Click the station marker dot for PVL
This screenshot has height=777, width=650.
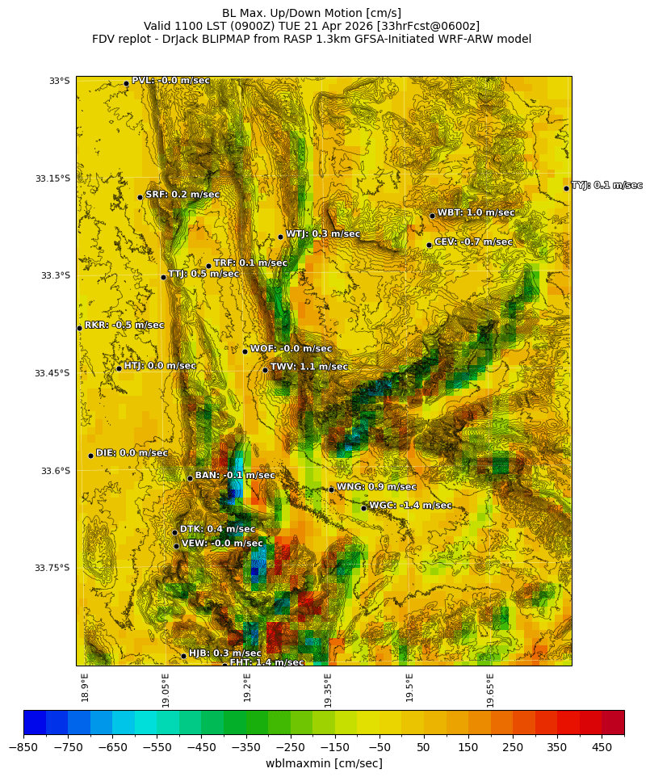[126, 83]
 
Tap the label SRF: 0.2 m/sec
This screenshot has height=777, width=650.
[182, 195]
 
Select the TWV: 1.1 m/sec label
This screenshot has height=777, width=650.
[309, 367]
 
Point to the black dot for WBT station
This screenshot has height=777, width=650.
[432, 216]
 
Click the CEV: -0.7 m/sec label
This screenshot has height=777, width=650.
[473, 241]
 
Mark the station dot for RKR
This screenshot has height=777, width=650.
[79, 328]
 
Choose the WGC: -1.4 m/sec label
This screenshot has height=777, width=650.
[410, 506]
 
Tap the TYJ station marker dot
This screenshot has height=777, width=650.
[566, 188]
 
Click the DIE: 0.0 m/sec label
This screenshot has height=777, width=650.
[132, 453]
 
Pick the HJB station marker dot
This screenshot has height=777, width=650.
[183, 656]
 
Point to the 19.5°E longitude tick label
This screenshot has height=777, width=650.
[409, 688]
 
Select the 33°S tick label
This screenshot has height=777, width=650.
[59, 81]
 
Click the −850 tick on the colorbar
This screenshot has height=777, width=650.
[23, 748]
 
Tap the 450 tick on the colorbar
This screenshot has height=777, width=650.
[602, 748]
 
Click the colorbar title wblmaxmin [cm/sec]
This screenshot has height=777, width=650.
[324, 763]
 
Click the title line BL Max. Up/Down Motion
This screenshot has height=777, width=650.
[311, 13]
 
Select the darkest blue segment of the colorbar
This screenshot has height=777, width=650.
[35, 722]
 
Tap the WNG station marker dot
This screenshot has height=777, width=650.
[331, 489]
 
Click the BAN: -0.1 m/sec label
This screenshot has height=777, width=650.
[235, 476]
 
